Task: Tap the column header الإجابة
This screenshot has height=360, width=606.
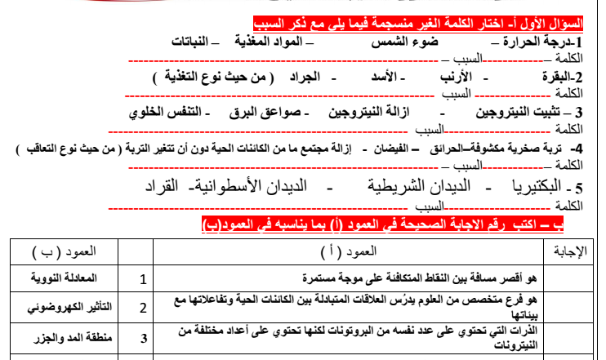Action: point(570,251)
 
